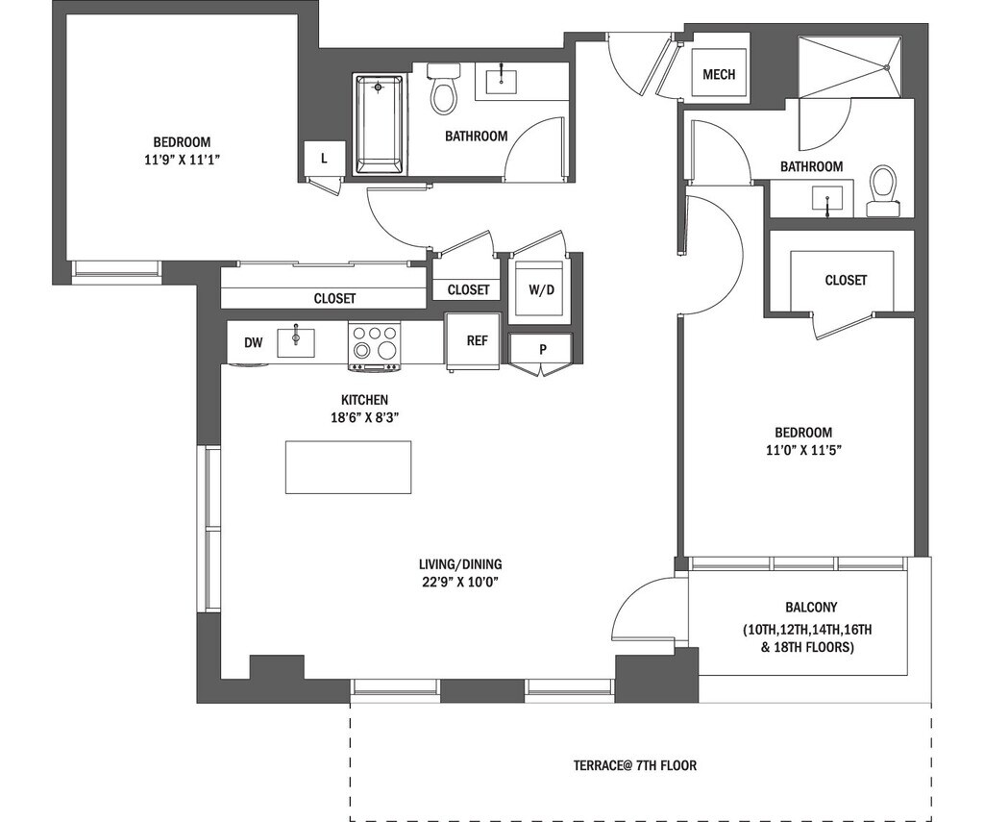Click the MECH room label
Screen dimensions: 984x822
click(719, 75)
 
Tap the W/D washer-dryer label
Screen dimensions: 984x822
click(542, 289)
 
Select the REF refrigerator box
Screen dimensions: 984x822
click(474, 340)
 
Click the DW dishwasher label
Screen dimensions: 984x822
click(253, 342)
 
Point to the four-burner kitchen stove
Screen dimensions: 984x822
click(375, 346)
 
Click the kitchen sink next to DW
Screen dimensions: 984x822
click(296, 342)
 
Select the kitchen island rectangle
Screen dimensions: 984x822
click(348, 467)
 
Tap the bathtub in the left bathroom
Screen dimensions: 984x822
click(379, 124)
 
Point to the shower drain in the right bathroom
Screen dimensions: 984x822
click(888, 67)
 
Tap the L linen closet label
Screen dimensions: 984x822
click(324, 159)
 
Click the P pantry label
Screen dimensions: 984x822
click(543, 350)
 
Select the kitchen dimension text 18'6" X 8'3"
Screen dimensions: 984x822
click(364, 417)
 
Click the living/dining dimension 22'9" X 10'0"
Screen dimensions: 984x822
click(460, 582)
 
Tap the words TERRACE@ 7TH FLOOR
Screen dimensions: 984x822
click(635, 765)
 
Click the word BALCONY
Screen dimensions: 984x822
click(811, 608)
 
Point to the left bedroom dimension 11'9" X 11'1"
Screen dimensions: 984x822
click(182, 160)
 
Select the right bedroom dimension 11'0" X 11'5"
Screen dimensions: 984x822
click(803, 450)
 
